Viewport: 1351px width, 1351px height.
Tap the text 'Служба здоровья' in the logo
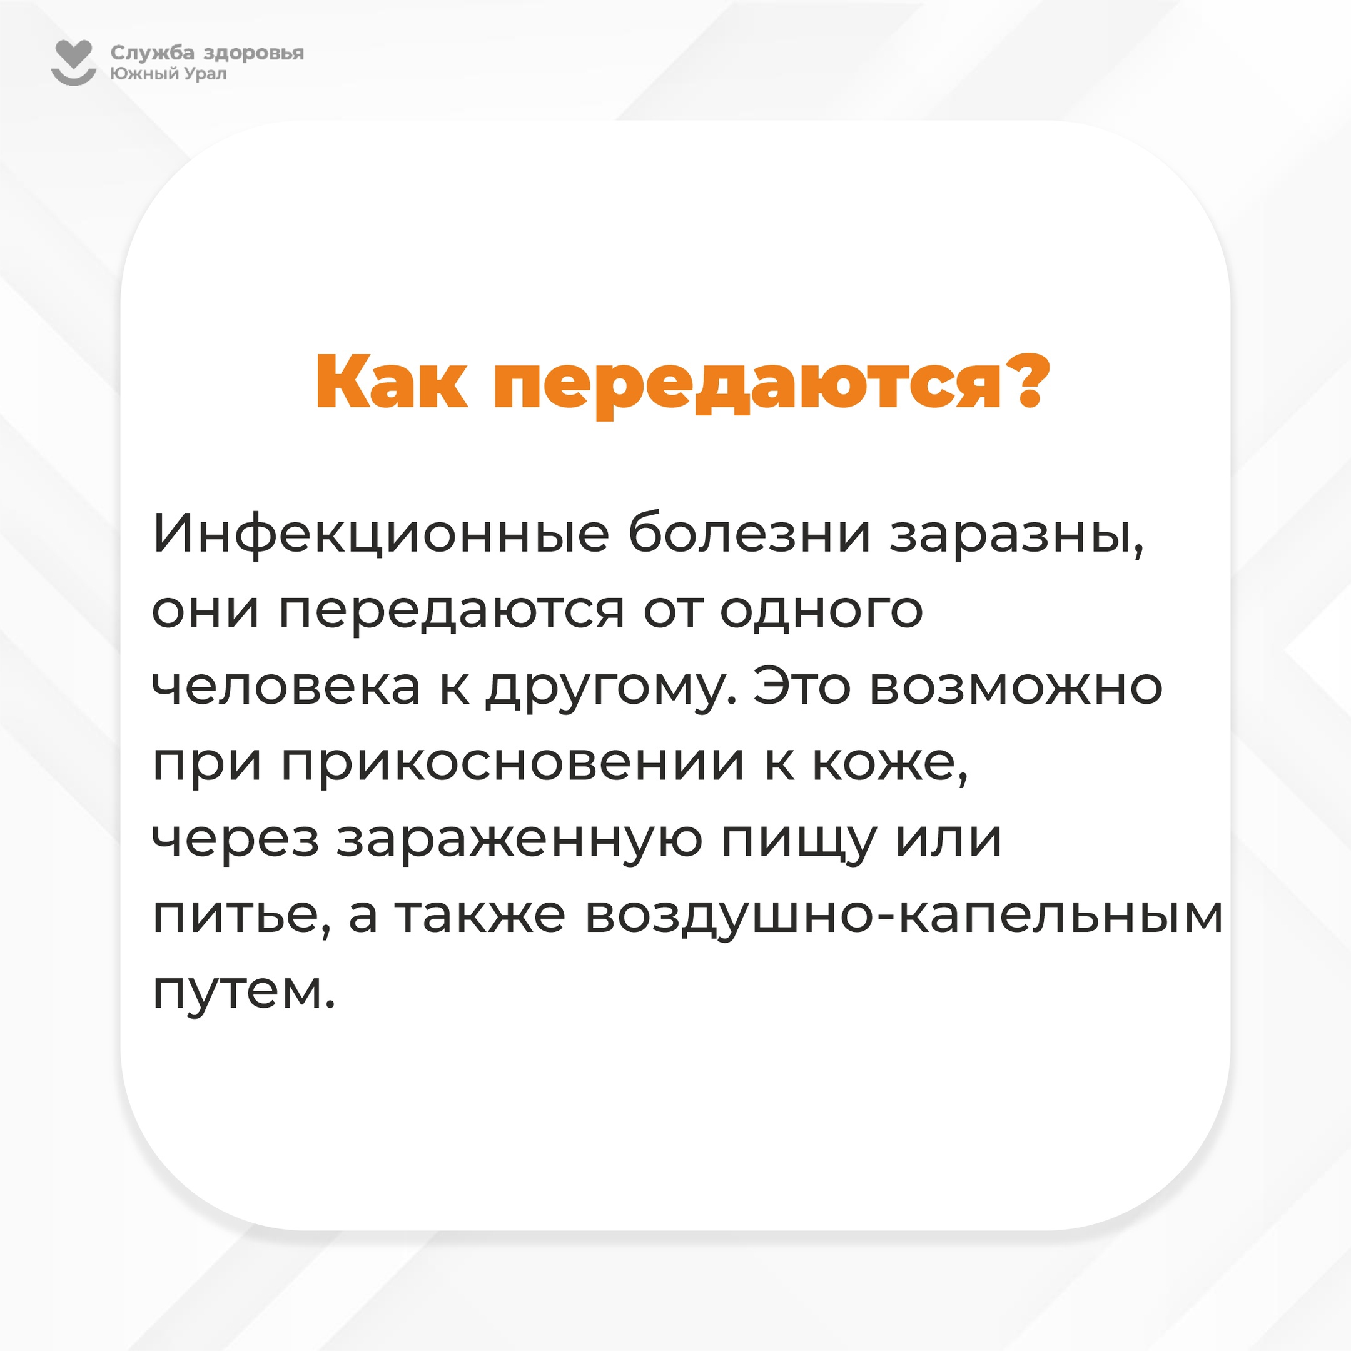click(x=207, y=53)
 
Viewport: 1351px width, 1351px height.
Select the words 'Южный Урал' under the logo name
click(x=168, y=73)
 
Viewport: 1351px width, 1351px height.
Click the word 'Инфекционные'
click(x=381, y=534)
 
